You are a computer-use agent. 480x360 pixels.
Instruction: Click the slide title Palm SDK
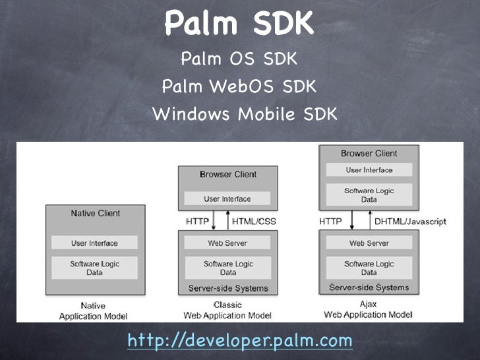coord(238,24)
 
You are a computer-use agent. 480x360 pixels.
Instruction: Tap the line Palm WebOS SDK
coord(239,87)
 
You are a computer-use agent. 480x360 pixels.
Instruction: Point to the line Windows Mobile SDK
coord(245,114)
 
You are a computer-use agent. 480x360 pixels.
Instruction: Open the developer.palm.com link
coord(239,340)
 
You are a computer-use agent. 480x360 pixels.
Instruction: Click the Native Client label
coord(96,214)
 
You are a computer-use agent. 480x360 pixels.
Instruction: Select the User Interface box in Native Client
coord(96,243)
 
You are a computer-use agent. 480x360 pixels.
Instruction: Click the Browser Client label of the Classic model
coord(228,175)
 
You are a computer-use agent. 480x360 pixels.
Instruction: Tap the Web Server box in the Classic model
coord(228,243)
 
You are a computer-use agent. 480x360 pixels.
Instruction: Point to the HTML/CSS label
coord(253,222)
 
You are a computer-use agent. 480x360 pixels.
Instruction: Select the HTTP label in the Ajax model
coord(330,222)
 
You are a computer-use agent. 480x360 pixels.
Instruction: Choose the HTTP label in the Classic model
coord(197,222)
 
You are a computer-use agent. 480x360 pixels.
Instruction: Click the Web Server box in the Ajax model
coord(369,243)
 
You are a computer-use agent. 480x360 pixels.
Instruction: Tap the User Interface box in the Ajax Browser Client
coord(369,170)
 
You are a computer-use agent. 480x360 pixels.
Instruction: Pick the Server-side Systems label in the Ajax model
coord(369,287)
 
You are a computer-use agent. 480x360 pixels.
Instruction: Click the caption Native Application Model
coord(93,311)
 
